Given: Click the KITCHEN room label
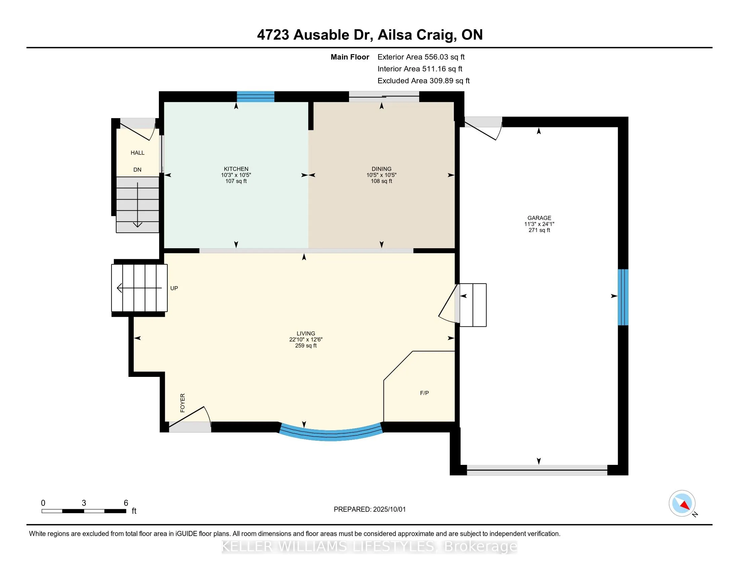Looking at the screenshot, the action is click(x=236, y=169).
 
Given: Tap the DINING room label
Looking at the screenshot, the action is click(x=381, y=169).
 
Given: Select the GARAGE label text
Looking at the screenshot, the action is click(x=539, y=218).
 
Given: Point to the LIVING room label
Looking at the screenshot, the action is click(x=306, y=334).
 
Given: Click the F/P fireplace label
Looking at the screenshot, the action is click(x=424, y=393).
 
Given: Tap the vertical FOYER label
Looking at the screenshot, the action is click(x=183, y=402).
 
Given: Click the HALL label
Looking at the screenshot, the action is click(x=137, y=153).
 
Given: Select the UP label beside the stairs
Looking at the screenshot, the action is click(x=174, y=288).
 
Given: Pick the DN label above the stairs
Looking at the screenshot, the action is click(x=137, y=170).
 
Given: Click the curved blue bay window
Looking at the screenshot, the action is click(x=331, y=436).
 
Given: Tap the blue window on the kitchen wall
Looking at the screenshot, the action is click(x=256, y=96).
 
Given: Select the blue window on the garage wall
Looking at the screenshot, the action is click(x=623, y=297).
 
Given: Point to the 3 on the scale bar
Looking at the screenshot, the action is click(x=84, y=503).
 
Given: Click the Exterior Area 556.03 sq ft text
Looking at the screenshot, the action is click(x=421, y=57).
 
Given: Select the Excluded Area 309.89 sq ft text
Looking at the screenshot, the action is click(x=424, y=81).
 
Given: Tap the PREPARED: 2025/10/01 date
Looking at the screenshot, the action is click(x=369, y=510).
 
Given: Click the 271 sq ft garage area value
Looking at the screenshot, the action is click(x=539, y=230).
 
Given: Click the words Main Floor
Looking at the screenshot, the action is click(x=350, y=57).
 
